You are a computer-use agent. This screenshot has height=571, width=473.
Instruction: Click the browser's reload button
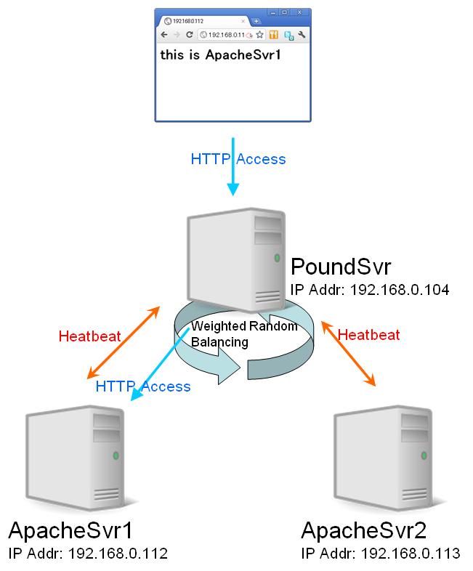pyautogui.click(x=189, y=34)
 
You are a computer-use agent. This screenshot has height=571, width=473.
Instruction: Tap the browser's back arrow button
pyautogui.click(x=164, y=34)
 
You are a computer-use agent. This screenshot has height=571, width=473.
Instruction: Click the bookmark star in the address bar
pyautogui.click(x=259, y=34)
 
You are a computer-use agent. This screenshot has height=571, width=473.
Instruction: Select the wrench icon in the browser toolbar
pyautogui.click(x=302, y=34)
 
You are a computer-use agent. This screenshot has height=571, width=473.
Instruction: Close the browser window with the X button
pyautogui.click(x=300, y=12)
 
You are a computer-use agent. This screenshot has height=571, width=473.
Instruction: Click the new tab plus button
pyautogui.click(x=256, y=21)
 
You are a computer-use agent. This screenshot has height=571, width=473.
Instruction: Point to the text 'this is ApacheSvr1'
pyautogui.click(x=220, y=55)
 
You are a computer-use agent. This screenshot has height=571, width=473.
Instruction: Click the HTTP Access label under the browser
pyautogui.click(x=238, y=159)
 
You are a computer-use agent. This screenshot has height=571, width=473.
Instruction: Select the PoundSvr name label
pyautogui.click(x=341, y=266)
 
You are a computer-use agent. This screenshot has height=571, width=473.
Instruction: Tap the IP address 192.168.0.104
pyautogui.click(x=370, y=290)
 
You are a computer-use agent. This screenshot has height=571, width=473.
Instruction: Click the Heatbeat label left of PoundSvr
pyautogui.click(x=89, y=336)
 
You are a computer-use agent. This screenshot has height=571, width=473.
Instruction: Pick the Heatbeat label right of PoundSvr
pyautogui.click(x=369, y=335)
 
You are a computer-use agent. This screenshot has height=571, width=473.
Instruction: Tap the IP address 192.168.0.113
pyautogui.click(x=380, y=554)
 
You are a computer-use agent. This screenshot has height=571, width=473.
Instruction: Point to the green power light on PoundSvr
pyautogui.click(x=277, y=257)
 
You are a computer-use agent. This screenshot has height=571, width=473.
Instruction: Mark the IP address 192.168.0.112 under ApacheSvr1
pyautogui.click(x=88, y=554)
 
